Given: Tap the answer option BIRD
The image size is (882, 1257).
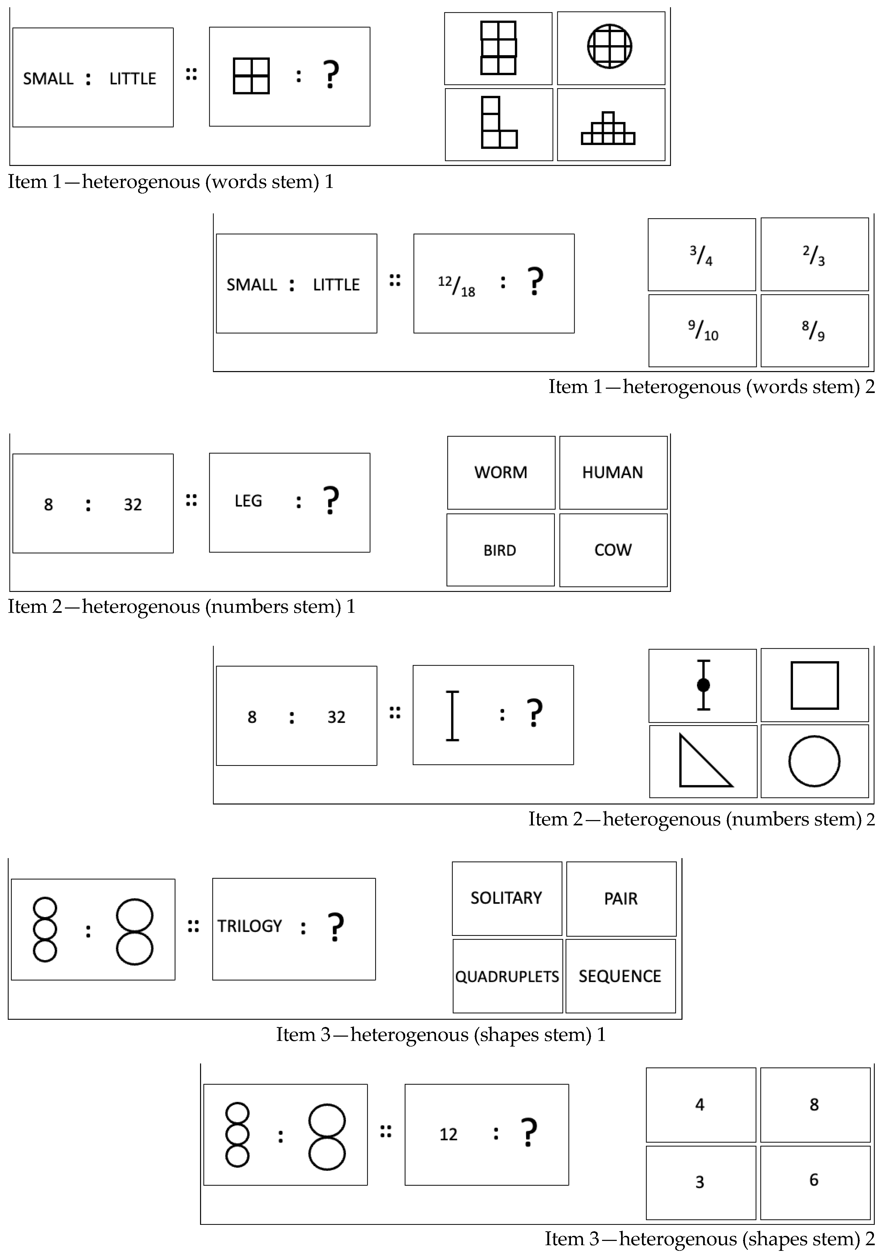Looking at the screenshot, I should [500, 550].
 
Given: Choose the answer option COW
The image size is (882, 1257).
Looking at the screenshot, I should [613, 550].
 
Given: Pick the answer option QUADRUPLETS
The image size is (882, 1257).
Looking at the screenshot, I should [507, 976].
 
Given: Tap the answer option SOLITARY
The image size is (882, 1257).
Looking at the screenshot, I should [506, 898].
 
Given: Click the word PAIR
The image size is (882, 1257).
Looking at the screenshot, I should [621, 898].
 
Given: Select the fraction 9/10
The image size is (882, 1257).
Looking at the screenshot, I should [703, 331].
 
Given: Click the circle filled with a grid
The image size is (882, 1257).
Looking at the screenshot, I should [610, 47].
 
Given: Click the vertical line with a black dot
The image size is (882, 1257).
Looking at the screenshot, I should [703, 685].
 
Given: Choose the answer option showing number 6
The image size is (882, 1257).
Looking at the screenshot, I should [814, 1180].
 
